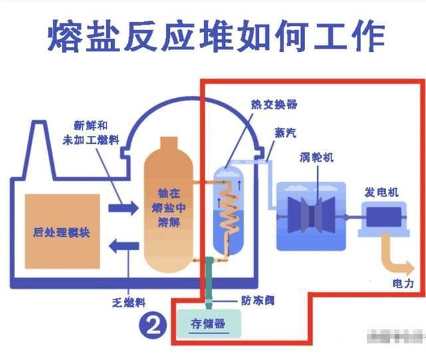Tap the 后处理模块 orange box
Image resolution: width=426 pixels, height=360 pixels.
click(x=62, y=232)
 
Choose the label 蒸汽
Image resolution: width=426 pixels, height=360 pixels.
click(x=284, y=132)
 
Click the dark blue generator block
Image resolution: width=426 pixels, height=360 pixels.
click(x=381, y=218)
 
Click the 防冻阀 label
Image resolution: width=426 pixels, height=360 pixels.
click(x=254, y=299)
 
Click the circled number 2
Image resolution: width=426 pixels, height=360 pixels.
click(x=151, y=325)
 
